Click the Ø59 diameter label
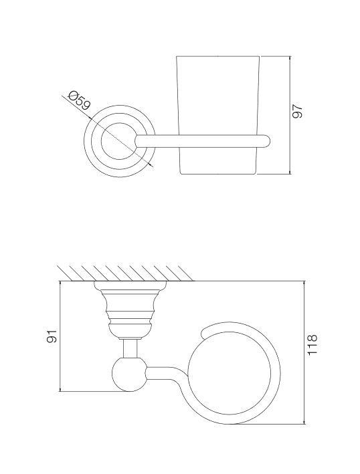[x=80, y=100]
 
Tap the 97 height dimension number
[x=297, y=111]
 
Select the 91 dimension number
[x=52, y=336]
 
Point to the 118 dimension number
[x=312, y=345]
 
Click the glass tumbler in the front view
[x=217, y=115]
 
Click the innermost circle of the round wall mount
[x=116, y=141]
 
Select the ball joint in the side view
[x=129, y=374]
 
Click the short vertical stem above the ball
[x=130, y=348]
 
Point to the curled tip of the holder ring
[x=205, y=332]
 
